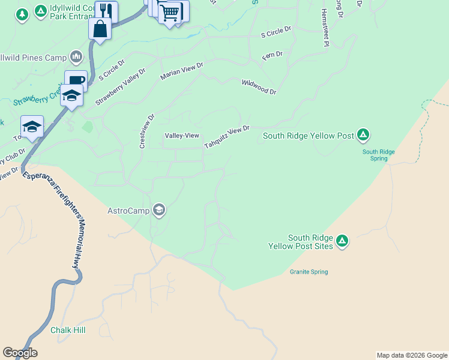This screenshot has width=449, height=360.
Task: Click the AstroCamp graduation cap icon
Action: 159,209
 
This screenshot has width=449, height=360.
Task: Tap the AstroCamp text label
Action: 129,211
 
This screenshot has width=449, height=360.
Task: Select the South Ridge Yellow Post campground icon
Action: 363,136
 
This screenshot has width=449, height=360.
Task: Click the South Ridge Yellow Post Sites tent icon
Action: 342,241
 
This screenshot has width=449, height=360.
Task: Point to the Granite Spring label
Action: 309,272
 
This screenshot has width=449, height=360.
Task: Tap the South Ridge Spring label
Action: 378,155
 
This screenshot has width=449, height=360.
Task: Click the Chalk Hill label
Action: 68,331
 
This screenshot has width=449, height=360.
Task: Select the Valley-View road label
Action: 182,136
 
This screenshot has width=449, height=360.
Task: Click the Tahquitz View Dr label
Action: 226,137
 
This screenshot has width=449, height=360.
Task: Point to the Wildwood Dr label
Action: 259,87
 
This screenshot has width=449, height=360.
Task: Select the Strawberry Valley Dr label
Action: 120,88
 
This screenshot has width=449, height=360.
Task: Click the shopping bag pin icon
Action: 100,29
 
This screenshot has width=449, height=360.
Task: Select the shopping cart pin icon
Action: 170,12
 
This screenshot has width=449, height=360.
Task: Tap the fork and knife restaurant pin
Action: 106,11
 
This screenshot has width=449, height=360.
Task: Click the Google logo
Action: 20,353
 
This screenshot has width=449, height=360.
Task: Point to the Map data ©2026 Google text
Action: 412,355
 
